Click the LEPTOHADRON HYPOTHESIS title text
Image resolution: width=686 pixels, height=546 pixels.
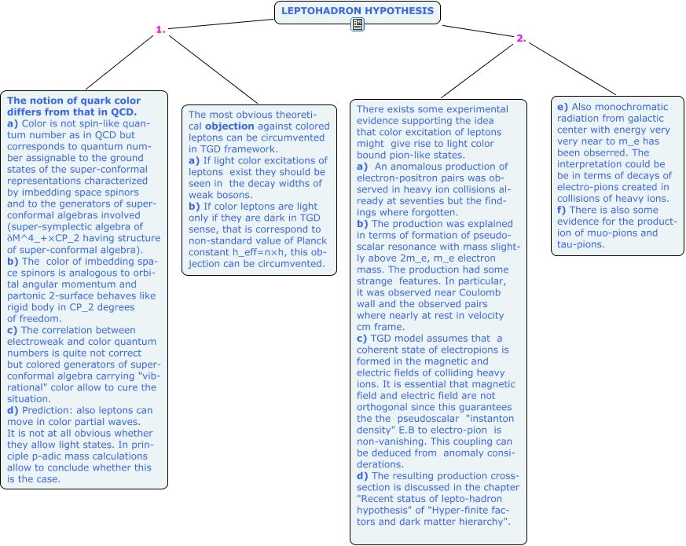(x=358, y=11)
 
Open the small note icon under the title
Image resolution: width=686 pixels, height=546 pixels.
(x=358, y=24)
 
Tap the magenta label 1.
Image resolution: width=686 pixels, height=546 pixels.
(x=160, y=30)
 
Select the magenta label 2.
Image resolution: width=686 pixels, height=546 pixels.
(x=521, y=38)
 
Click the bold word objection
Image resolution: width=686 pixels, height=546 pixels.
(x=229, y=126)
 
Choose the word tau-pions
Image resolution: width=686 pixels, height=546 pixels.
(x=581, y=244)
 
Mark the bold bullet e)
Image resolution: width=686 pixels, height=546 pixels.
(x=563, y=107)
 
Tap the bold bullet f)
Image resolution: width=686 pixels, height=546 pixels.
(x=562, y=210)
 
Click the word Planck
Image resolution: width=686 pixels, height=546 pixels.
(x=311, y=241)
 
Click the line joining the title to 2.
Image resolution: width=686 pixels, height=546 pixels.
(x=479, y=31)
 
